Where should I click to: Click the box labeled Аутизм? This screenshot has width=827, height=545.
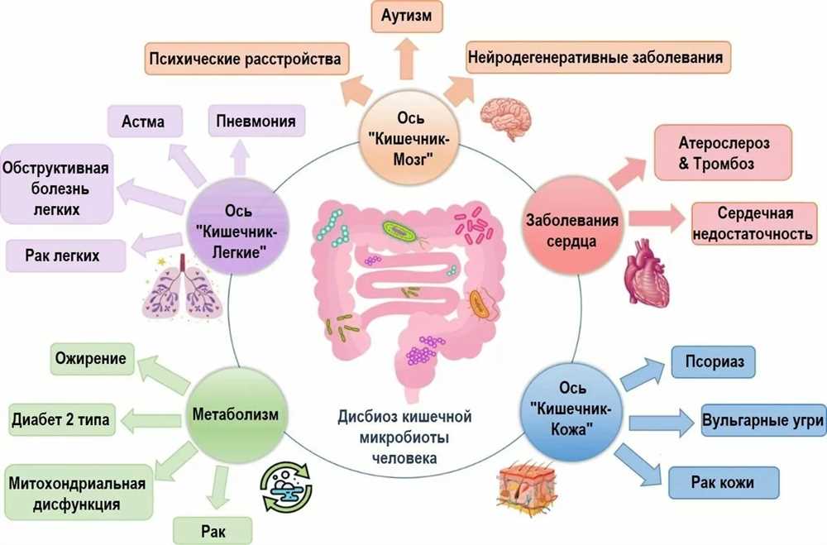pyautogui.click(x=407, y=16)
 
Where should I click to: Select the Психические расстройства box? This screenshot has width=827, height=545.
pyautogui.click(x=246, y=58)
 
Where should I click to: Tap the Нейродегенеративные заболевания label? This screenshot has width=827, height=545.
pyautogui.click(x=598, y=56)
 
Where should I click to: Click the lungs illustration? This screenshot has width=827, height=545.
pyautogui.click(x=180, y=288)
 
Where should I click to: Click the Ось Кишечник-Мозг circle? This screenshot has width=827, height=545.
pyautogui.click(x=409, y=138)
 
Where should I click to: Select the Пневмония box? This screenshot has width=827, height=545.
pyautogui.click(x=256, y=121)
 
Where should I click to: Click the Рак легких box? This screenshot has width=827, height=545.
pyautogui.click(x=65, y=256)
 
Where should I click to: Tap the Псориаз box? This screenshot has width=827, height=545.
pyautogui.click(x=713, y=362)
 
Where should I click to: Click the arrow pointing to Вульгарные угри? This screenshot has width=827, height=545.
pyautogui.click(x=660, y=422)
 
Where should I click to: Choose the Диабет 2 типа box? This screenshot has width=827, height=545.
pyautogui.click(x=62, y=419)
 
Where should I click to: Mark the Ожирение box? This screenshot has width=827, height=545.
pyautogui.click(x=92, y=359)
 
